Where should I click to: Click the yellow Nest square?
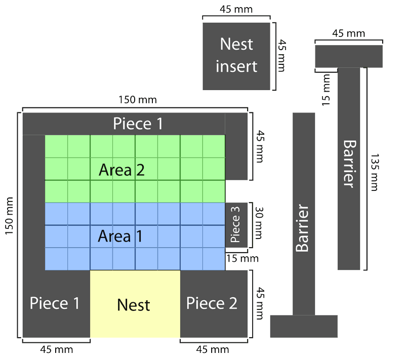[135, 304]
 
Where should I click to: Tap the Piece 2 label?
[212, 303]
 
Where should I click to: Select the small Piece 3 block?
[236, 225]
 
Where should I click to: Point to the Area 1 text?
[120, 236]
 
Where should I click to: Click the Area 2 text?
[121, 170]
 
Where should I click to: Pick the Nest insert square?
[236, 56]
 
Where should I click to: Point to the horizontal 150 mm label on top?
[135, 99]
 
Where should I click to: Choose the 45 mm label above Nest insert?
[236, 9]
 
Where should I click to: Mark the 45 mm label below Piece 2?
[213, 349]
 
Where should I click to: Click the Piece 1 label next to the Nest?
[55, 303]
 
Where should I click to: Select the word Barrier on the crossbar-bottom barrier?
[303, 228]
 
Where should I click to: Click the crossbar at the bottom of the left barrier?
[304, 326]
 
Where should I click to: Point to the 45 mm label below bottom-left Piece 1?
[56, 349]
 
